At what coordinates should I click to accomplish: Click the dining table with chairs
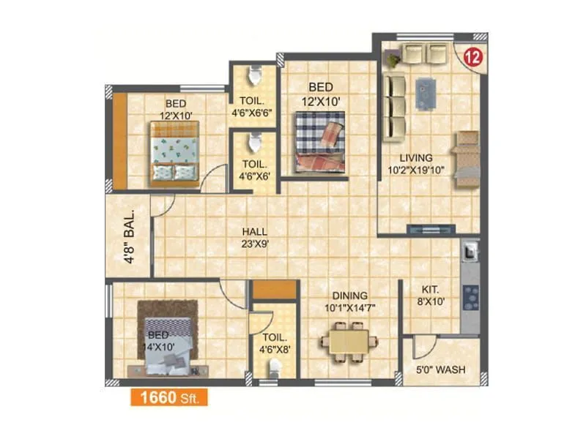pos(348,341)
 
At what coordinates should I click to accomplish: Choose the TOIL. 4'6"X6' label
pos(254,170)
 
